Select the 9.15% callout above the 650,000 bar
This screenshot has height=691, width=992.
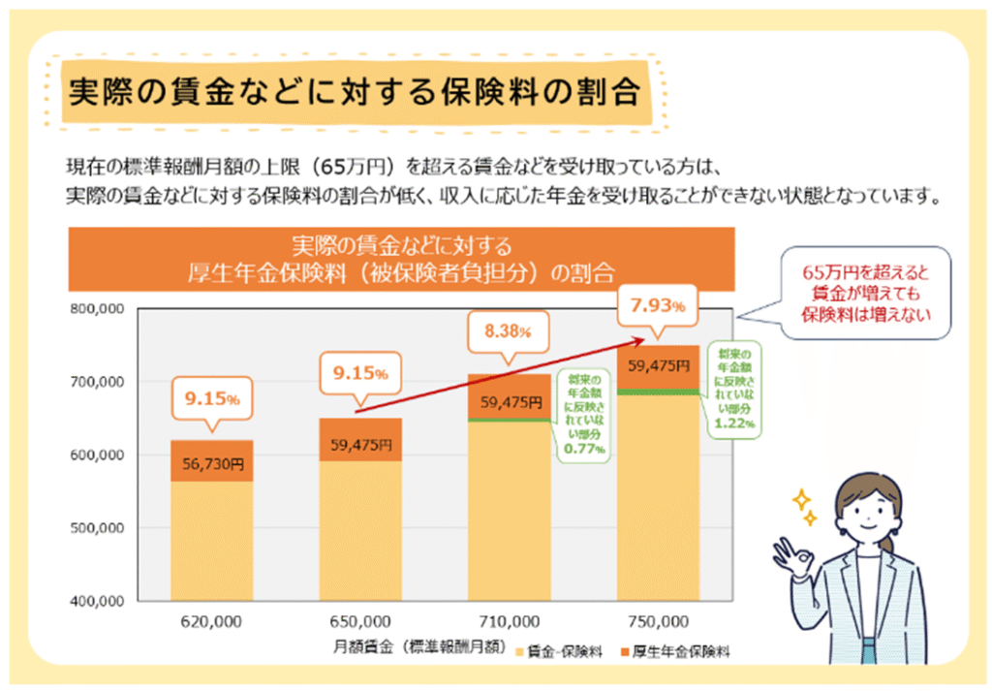tap(360, 372)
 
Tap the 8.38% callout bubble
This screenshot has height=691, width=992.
tap(509, 330)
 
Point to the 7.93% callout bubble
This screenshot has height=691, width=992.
tap(658, 306)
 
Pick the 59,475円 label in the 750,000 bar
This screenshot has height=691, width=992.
tap(659, 366)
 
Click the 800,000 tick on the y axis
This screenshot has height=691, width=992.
tap(97, 309)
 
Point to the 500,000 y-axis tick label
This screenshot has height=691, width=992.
tap(97, 528)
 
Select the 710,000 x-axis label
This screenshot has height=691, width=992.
tap(510, 620)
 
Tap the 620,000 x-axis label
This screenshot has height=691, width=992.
tap(211, 620)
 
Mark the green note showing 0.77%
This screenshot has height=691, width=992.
tap(584, 412)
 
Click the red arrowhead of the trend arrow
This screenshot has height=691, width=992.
tap(643, 338)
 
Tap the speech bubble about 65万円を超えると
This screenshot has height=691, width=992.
tap(866, 292)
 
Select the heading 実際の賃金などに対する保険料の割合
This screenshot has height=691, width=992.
tap(354, 94)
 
